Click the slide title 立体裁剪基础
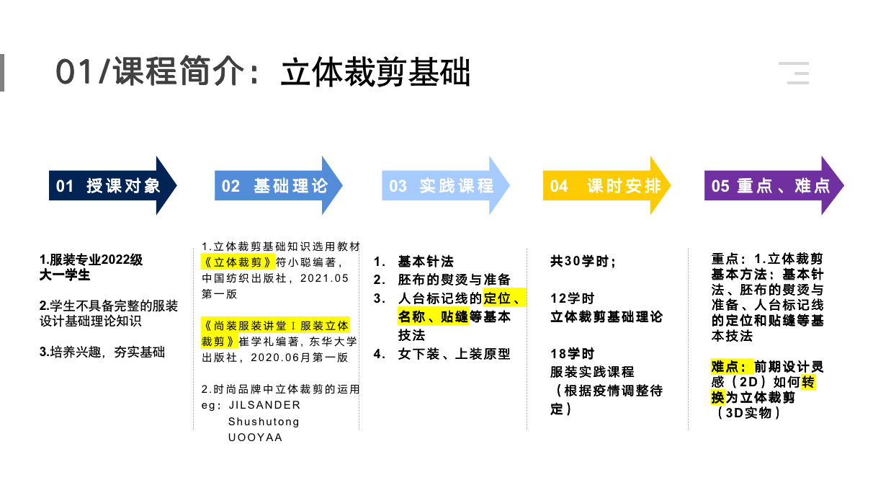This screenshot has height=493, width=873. [375, 73]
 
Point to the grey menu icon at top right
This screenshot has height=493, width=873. [794, 73]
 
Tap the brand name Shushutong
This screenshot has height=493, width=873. [264, 421]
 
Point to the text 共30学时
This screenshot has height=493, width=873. [583, 262]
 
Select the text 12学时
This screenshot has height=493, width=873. [573, 298]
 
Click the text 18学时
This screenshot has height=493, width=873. [573, 354]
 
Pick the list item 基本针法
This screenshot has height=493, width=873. [426, 262]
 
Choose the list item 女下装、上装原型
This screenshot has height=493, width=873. [454, 354]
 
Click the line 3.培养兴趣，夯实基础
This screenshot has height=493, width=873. [102, 352]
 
